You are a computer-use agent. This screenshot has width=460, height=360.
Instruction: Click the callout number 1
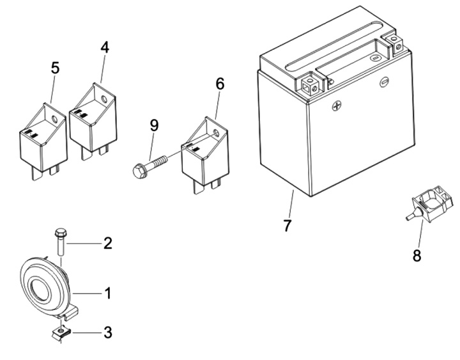(108, 293)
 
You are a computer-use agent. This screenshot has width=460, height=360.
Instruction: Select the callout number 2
(108, 243)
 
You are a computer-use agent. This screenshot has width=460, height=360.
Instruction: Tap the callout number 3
(108, 333)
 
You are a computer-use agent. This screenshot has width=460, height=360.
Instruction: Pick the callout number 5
(56, 68)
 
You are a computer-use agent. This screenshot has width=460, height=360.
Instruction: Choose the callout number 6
(220, 83)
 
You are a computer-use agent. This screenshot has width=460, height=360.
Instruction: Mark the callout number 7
(287, 225)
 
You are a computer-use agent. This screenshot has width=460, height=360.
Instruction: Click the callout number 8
(417, 255)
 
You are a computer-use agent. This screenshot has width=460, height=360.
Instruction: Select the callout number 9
(154, 125)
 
